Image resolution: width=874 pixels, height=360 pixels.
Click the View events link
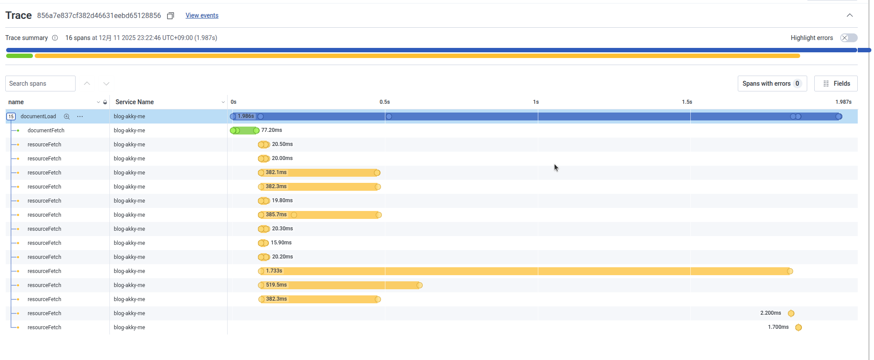202,15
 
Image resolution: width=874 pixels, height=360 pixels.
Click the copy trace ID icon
170,16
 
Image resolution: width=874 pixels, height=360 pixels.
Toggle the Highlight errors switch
849,38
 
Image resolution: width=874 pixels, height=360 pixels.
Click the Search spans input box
40,84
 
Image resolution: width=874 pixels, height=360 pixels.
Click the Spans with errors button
772,84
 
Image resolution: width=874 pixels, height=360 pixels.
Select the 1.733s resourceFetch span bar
525,271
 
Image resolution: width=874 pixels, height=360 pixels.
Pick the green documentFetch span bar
244,131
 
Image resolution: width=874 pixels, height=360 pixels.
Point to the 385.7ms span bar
320,215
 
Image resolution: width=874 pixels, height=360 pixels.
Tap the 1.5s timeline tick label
687,102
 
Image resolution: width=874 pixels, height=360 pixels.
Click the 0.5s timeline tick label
384,102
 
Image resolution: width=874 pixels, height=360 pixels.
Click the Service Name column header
134,102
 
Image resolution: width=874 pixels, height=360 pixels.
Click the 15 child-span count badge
11,116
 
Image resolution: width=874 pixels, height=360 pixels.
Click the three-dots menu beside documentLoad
80,116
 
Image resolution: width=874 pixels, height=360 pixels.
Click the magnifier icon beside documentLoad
67,116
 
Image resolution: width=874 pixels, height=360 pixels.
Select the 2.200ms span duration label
771,313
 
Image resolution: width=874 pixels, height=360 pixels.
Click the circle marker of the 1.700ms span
798,327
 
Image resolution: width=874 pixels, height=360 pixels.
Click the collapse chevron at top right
850,15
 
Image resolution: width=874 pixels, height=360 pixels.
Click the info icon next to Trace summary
55,38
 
